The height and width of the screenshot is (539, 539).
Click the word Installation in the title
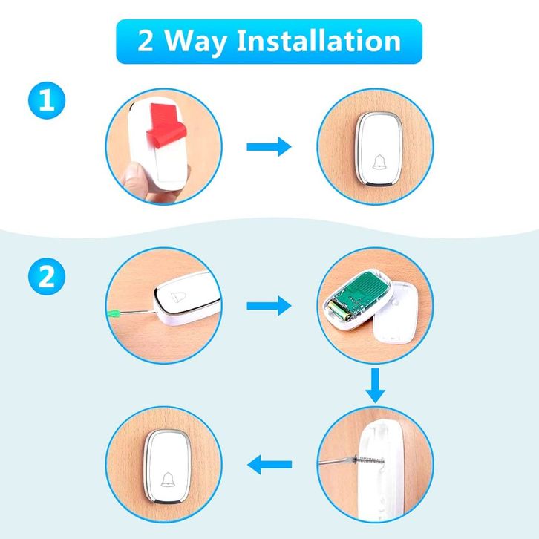[318, 41]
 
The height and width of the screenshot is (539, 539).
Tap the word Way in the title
[195, 42]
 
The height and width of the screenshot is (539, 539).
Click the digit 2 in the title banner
[145, 41]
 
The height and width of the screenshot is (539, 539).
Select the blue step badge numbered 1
[47, 100]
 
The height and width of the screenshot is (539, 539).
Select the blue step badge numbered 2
[47, 276]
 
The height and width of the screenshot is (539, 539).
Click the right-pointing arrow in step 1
[269, 147]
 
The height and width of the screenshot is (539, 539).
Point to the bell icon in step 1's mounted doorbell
[379, 163]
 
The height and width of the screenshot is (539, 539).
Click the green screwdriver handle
[114, 313]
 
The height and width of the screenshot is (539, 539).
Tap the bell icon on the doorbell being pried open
[178, 296]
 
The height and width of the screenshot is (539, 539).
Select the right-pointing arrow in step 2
[269, 306]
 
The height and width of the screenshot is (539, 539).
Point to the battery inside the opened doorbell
[339, 310]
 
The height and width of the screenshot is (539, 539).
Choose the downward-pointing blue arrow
[375, 385]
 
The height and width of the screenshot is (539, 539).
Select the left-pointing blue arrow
[269, 465]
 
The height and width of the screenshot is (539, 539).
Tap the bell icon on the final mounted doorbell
[168, 480]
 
